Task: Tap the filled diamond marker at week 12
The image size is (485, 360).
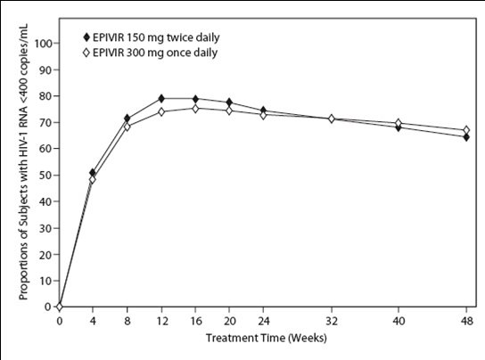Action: (x=161, y=98)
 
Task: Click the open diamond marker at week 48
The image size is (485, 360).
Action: (x=465, y=130)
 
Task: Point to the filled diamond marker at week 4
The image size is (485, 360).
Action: (x=94, y=172)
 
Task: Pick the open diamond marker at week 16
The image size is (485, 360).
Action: (x=195, y=108)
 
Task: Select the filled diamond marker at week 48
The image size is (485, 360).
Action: (x=465, y=137)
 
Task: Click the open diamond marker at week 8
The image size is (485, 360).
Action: (x=127, y=127)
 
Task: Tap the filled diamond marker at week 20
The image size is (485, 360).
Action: (x=229, y=102)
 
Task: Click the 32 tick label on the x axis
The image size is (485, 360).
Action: (x=331, y=321)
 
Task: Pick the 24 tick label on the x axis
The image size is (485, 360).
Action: (x=263, y=321)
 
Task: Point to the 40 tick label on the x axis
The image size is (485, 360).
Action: (x=398, y=321)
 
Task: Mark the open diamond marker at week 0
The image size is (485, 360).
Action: (x=60, y=307)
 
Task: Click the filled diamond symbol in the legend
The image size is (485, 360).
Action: (x=86, y=38)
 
